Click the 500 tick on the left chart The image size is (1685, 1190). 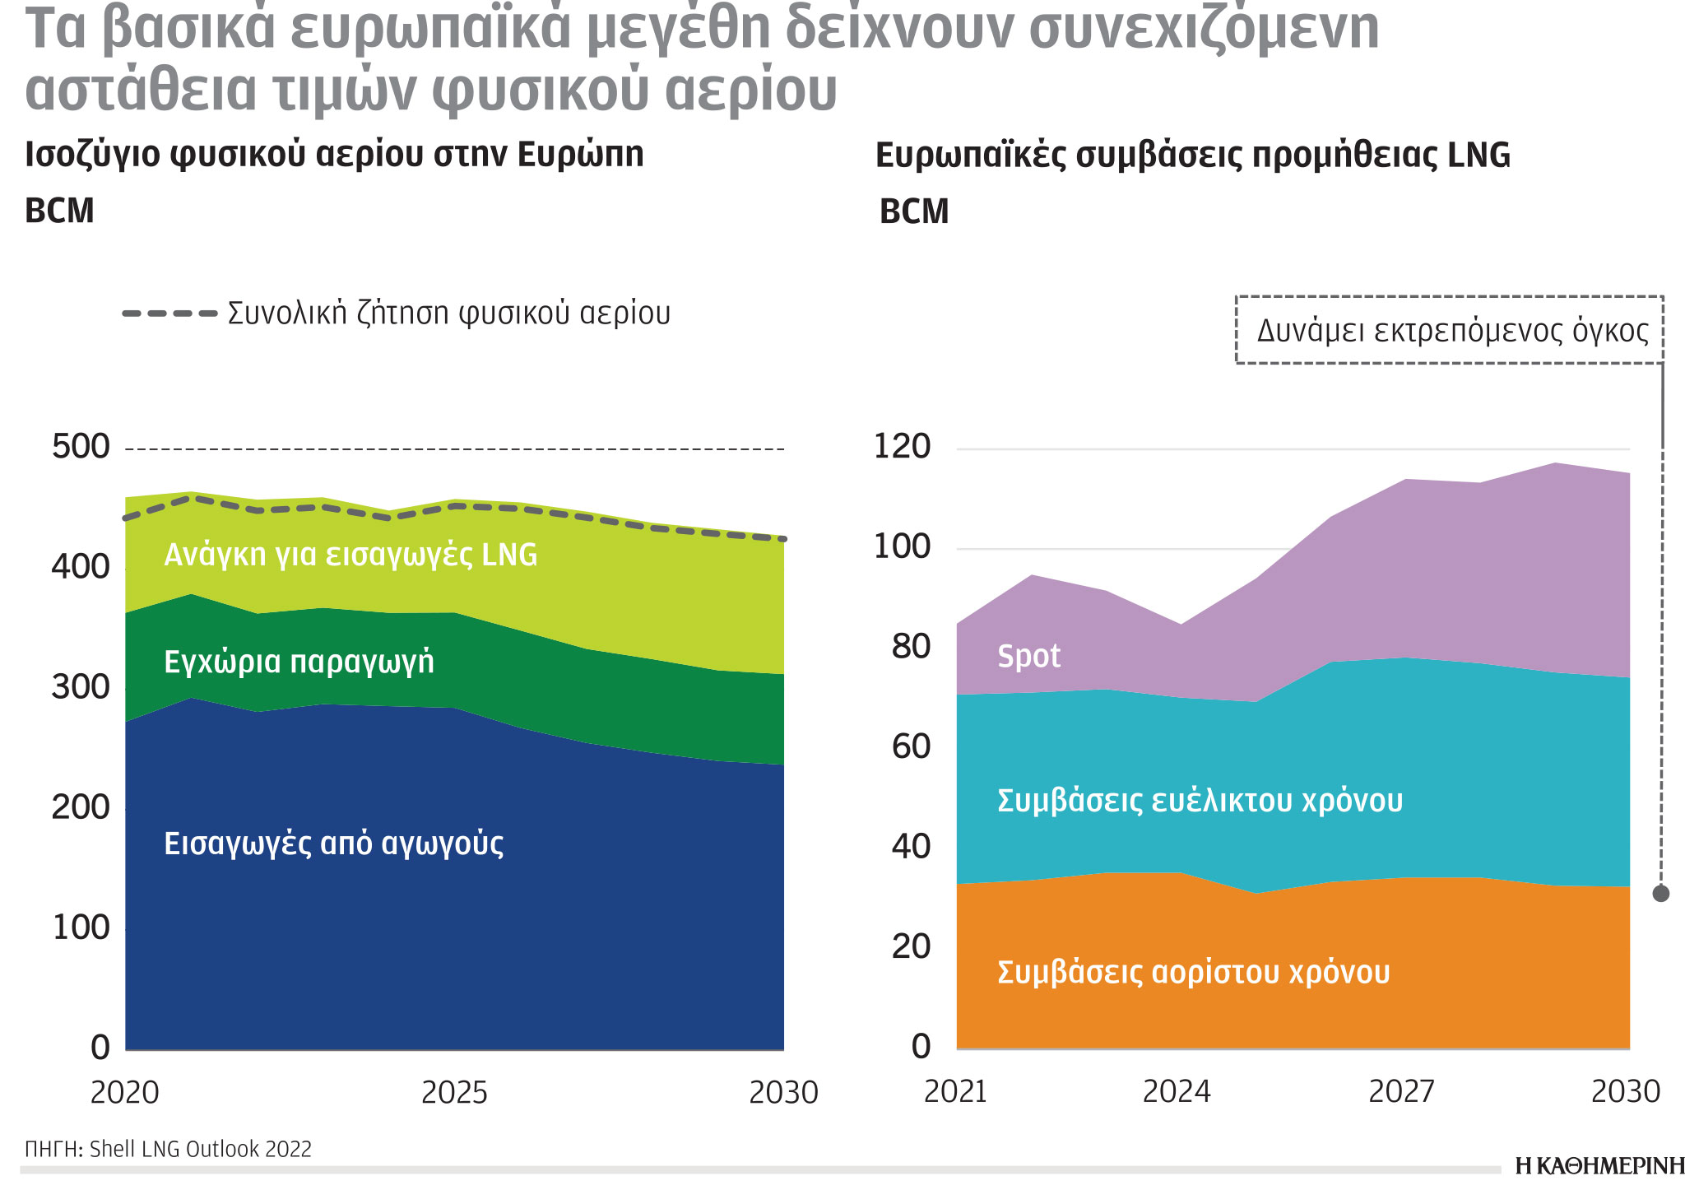(x=80, y=447)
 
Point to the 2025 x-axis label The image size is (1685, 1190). (x=454, y=1092)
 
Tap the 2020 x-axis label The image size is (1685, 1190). (x=124, y=1092)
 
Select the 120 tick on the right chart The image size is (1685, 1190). (x=902, y=447)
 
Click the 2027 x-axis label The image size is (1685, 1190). (x=1401, y=1091)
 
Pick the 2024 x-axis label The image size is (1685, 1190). (x=1177, y=1091)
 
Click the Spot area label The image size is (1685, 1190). (x=1028, y=656)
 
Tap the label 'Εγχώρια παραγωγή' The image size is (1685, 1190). (x=299, y=662)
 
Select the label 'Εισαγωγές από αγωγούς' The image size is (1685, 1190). (x=333, y=844)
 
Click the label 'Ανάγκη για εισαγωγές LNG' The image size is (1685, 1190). (x=350, y=555)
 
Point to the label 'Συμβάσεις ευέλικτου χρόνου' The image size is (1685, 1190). (x=1200, y=800)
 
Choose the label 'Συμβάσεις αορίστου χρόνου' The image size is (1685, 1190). (x=1193, y=972)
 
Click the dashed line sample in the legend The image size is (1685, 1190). (x=169, y=314)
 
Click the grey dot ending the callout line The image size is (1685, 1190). (x=1661, y=893)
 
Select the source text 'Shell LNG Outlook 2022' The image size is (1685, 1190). (x=200, y=1149)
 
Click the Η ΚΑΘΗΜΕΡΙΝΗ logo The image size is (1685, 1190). (x=1599, y=1165)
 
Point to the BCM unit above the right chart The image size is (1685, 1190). (x=914, y=212)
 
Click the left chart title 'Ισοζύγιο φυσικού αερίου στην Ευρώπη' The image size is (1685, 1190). (x=334, y=155)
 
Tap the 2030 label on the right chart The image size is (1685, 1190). (x=1626, y=1091)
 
